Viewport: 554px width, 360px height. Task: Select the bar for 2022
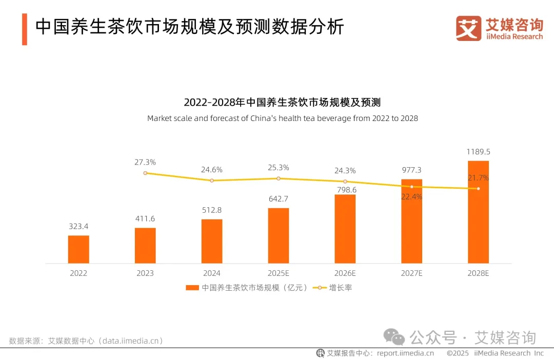(x=78, y=249)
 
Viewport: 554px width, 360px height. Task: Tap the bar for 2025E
(x=279, y=235)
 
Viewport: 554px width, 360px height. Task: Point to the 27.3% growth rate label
(x=145, y=162)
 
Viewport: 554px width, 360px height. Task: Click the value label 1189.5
(x=478, y=152)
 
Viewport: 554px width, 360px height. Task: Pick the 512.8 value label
(x=211, y=210)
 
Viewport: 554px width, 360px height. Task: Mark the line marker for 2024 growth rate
(x=211, y=181)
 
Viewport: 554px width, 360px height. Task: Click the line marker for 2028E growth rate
(x=478, y=189)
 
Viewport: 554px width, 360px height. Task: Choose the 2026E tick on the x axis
(x=345, y=273)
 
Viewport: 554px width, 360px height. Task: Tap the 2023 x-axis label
(x=145, y=273)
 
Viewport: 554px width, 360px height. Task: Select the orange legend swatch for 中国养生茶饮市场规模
(x=192, y=288)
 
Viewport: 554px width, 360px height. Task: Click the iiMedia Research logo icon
(x=468, y=28)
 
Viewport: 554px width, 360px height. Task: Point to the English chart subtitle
(x=283, y=118)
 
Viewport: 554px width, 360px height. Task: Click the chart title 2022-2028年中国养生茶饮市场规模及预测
(x=283, y=102)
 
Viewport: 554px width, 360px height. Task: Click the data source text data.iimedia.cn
(x=131, y=341)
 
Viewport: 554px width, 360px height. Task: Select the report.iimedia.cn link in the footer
(x=405, y=353)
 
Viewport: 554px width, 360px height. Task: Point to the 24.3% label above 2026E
(x=345, y=170)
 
